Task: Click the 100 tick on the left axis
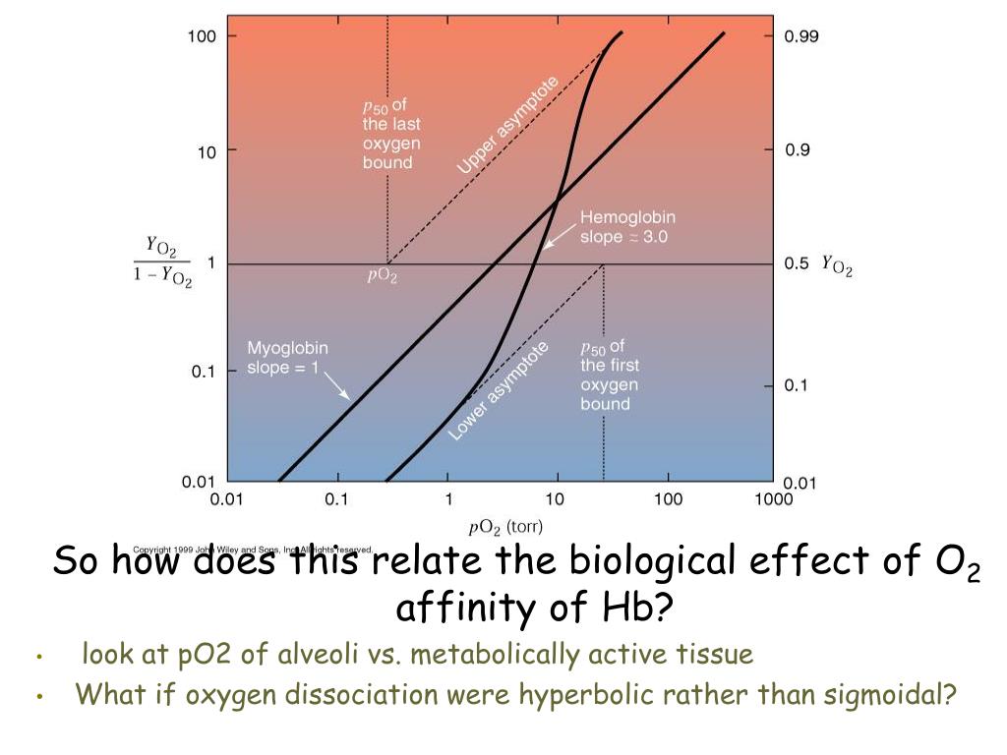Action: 203,36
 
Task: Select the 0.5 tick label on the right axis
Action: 797,263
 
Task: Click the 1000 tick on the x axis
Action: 774,499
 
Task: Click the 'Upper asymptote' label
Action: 507,126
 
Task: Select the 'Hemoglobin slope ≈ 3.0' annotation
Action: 626,227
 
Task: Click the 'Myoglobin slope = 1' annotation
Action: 287,357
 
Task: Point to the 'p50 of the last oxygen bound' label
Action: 391,134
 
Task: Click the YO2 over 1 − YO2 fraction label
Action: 162,262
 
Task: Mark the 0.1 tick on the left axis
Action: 203,371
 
